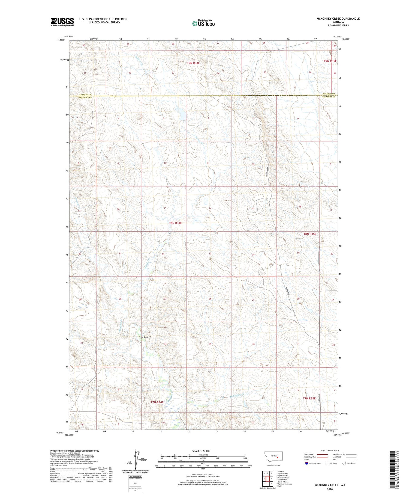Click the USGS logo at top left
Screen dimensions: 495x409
pos(62,22)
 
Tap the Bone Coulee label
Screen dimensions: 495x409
pos(145,337)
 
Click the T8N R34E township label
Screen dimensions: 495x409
pos(175,223)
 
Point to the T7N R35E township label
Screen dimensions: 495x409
pos(309,399)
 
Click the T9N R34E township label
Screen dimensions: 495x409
pos(193,63)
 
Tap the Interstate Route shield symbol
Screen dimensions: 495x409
pos(307,463)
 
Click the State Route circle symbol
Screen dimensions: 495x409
pos(344,463)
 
